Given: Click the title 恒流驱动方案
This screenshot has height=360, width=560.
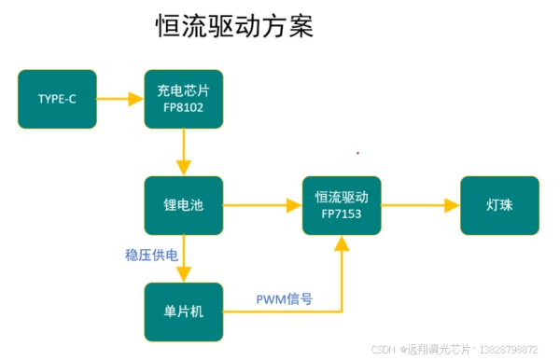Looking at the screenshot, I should click(x=233, y=26).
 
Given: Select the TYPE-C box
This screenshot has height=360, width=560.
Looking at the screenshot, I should click(x=57, y=99).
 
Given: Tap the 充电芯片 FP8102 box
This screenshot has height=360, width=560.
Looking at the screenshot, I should click(x=183, y=99).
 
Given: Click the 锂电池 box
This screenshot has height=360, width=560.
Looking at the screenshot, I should click(x=183, y=205).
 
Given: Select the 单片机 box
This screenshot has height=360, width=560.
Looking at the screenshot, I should click(x=183, y=311).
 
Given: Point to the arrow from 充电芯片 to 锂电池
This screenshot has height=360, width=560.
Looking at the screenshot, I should click(x=184, y=151).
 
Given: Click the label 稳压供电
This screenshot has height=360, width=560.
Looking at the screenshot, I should click(x=151, y=254).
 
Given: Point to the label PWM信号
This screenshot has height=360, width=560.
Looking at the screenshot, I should click(x=284, y=299).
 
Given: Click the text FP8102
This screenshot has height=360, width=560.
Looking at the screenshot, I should click(x=183, y=108).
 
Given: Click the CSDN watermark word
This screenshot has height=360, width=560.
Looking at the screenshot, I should click(x=384, y=350).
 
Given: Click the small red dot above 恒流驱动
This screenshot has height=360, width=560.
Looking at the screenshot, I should click(x=357, y=152).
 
